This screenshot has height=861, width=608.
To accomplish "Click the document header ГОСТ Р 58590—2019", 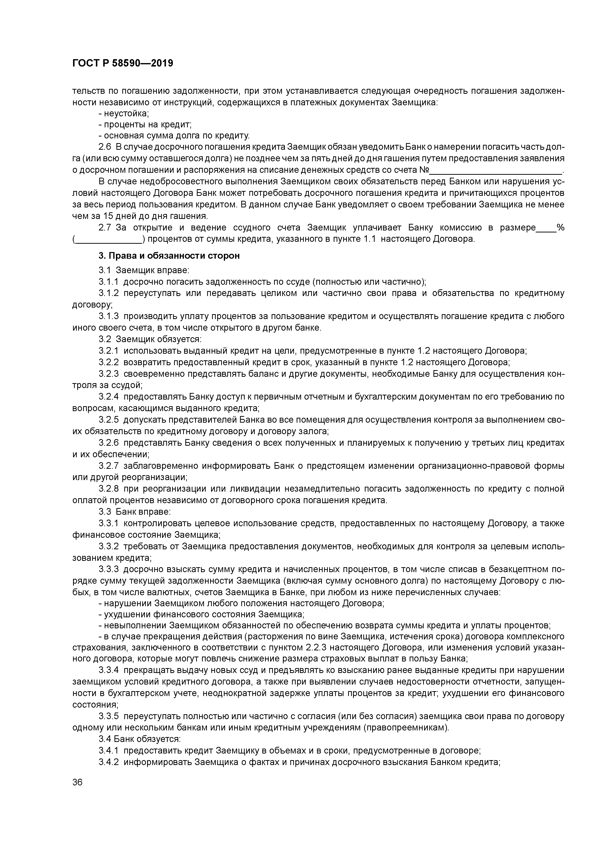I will (123, 63).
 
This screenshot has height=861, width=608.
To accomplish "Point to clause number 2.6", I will (105, 147).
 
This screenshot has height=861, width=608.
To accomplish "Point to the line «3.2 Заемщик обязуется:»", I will (150, 339).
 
